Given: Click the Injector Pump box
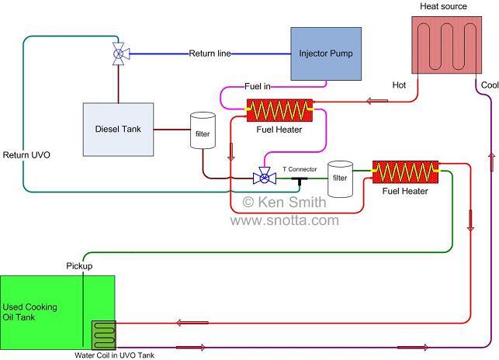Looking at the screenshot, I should pyautogui.click(x=326, y=54).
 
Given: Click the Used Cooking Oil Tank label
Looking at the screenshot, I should pyautogui.click(x=28, y=312).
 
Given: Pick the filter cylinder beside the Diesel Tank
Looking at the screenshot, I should pyautogui.click(x=203, y=133).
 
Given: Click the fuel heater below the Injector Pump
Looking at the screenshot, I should pyautogui.click(x=279, y=109).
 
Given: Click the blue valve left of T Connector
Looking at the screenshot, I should pyautogui.click(x=265, y=178).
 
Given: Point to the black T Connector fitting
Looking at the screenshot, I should pyautogui.click(x=299, y=179).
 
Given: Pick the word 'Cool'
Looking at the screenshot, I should pyautogui.click(x=490, y=85).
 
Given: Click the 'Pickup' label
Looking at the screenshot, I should pyautogui.click(x=78, y=266).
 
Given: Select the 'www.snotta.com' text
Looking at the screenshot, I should pyautogui.click(x=285, y=220).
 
